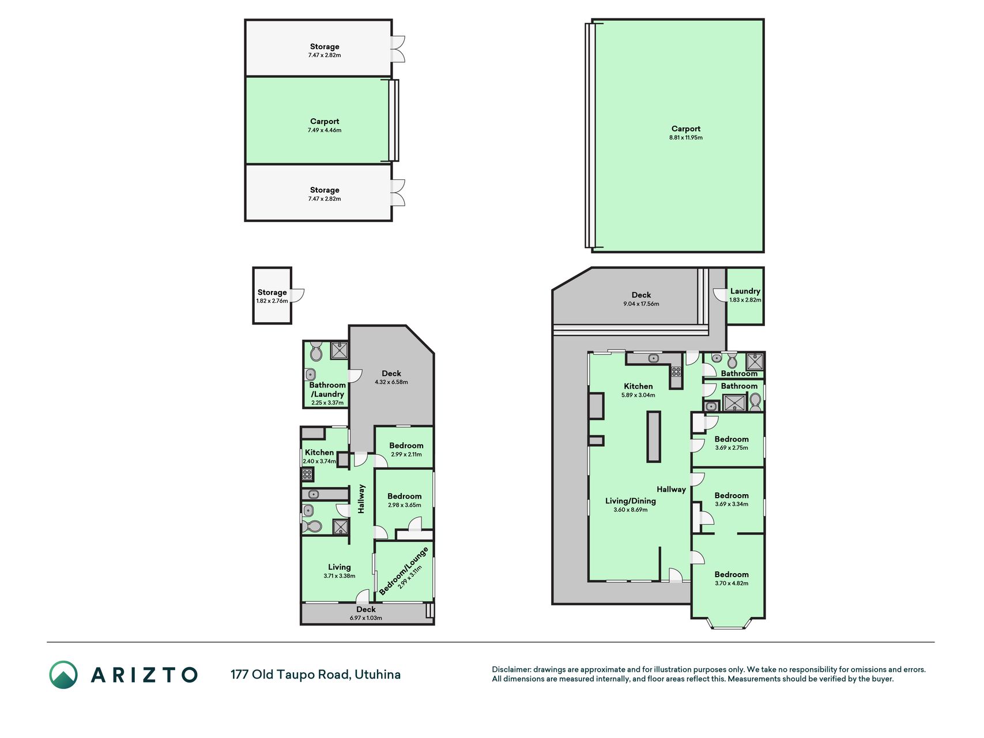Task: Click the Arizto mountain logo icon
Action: (63, 675)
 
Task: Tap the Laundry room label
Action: (745, 291)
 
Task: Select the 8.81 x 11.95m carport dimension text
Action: (685, 138)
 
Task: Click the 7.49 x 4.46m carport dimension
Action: (325, 130)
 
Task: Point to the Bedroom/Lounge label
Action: (404, 571)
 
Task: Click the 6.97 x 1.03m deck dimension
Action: (366, 618)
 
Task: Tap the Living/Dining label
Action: (630, 501)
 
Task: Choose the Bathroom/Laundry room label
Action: (327, 390)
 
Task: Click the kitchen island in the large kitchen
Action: (653, 436)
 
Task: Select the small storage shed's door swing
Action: (297, 295)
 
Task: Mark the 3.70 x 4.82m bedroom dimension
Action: (732, 583)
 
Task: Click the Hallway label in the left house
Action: (361, 499)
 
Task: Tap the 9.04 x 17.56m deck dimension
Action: (641, 304)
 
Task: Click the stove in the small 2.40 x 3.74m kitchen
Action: (307, 475)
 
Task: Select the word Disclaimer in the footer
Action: (511, 669)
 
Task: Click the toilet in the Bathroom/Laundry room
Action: (316, 351)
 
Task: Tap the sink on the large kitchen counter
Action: (653, 358)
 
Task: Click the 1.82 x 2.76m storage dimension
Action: (272, 301)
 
